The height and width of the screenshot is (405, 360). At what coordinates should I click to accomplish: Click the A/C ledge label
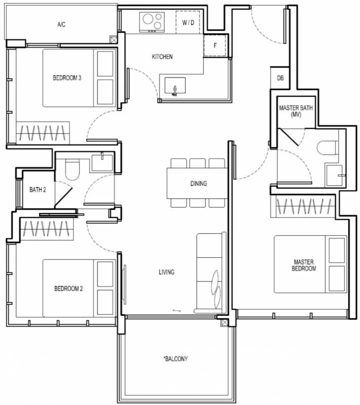point(61,24)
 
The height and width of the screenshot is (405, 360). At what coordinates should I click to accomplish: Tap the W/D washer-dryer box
point(188,22)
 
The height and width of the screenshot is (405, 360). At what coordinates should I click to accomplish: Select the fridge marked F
point(215,46)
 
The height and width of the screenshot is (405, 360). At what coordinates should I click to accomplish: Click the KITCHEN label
point(162,57)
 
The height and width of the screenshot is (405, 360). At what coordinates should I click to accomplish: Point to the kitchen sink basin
point(175,86)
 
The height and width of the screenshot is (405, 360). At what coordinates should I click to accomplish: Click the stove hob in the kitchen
point(152,22)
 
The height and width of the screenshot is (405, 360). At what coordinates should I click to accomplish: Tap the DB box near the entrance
point(280,78)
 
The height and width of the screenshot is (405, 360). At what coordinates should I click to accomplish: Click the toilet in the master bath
point(327,148)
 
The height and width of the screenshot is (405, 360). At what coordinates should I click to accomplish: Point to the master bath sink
point(335,175)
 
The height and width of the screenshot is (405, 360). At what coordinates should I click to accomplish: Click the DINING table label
point(198,184)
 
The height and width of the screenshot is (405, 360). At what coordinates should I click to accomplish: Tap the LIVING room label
point(167,272)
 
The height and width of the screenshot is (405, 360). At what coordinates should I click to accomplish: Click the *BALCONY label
point(175,359)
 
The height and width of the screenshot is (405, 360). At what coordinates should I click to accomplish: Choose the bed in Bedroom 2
point(79,288)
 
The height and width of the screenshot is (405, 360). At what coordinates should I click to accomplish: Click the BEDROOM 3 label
point(67,78)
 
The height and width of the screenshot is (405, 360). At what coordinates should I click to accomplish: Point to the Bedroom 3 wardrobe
point(43,133)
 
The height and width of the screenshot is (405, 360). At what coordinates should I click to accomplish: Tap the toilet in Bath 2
point(72,170)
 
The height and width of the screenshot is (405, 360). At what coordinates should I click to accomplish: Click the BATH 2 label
point(37,190)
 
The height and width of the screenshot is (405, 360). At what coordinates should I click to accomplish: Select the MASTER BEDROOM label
point(304,265)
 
